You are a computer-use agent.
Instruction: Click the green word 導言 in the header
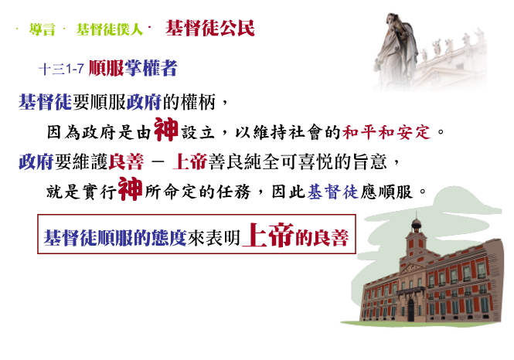tap(42, 29)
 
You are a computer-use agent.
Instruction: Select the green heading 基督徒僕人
tap(110, 29)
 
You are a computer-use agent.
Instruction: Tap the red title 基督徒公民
tap(210, 28)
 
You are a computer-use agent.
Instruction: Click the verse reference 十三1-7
tap(61, 69)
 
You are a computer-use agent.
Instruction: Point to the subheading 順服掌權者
tap(133, 68)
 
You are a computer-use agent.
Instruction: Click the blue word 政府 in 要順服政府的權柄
tap(144, 102)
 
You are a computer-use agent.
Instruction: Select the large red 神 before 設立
tap(166, 129)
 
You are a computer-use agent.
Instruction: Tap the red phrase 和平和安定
tap(386, 132)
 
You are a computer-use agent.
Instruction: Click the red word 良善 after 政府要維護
tap(126, 161)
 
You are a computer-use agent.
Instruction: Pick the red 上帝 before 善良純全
tap(189, 161)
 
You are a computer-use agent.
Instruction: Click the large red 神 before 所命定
tap(130, 188)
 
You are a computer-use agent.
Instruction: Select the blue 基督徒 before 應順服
tap(332, 192)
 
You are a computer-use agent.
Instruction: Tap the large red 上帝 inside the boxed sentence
tap(267, 235)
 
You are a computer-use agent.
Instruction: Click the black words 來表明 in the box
tap(214, 238)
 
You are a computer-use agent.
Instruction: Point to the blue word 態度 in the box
tap(168, 238)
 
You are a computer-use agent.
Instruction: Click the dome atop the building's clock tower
tap(417, 224)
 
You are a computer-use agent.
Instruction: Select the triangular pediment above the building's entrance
tap(412, 269)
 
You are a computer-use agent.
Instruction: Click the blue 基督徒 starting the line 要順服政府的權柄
tap(45, 102)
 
